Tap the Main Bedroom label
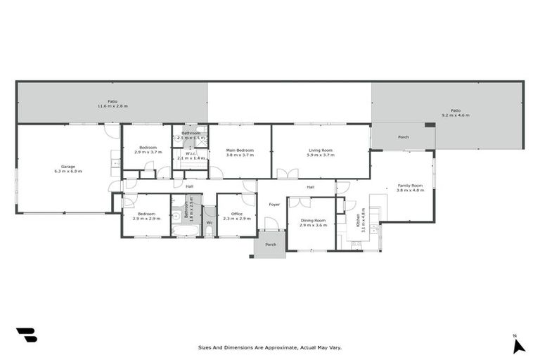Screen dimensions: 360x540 240,150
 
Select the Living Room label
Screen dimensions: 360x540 320,150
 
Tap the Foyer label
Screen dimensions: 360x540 274,205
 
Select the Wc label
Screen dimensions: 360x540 210,222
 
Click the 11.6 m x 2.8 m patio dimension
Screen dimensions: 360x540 112,106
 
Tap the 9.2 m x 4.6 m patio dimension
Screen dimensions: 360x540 456,115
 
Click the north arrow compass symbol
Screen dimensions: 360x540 518,345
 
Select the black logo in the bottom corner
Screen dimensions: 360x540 26,335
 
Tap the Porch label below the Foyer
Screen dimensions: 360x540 270,245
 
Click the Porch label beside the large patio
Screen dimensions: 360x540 404,137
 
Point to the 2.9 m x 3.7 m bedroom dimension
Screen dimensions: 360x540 148,152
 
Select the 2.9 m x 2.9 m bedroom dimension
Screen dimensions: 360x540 146,218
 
